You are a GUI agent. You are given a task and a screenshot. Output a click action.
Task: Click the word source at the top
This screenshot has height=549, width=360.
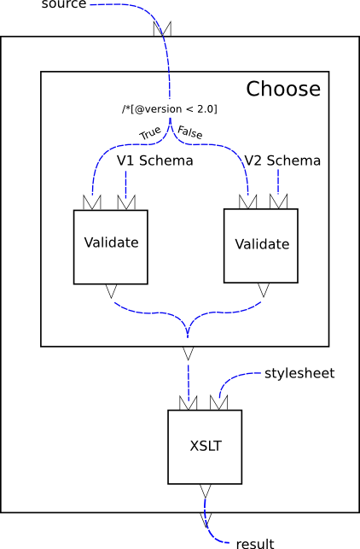[64, 5]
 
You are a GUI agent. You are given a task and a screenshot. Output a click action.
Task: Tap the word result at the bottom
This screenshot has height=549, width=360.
[254, 543]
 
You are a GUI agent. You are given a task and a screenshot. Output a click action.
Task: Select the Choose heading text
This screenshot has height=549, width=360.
[283, 89]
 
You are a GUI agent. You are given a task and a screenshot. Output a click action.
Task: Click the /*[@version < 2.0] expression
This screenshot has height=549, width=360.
[169, 109]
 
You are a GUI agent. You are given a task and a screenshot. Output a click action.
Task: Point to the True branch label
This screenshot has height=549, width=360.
[150, 133]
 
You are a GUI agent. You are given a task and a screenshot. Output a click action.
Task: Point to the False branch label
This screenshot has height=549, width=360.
[190, 133]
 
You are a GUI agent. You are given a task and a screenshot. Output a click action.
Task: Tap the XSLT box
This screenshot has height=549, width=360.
[204, 446]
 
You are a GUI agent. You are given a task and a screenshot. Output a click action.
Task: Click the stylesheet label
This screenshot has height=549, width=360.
[299, 373]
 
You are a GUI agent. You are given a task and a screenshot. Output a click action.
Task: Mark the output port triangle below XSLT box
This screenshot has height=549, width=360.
[204, 490]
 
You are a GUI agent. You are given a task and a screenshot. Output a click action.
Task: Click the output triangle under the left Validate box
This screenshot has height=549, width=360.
[111, 292]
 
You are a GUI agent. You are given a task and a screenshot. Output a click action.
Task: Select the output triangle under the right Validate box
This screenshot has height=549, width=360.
[261, 290]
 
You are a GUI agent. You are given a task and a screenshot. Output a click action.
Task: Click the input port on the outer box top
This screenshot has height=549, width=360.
[162, 29]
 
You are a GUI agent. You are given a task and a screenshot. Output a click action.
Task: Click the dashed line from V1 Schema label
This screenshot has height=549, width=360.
[126, 182]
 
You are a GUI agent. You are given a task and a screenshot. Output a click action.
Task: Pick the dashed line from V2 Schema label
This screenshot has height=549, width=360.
[278, 181]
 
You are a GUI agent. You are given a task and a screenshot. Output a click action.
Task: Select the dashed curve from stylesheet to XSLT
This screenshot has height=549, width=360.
[232, 378]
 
